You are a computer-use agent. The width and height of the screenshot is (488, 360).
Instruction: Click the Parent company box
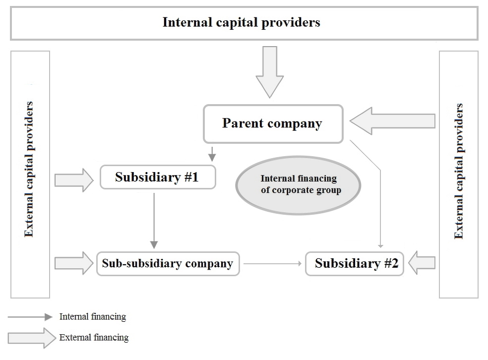point(273,123)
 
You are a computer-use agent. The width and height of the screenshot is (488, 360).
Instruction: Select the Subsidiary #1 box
point(158,177)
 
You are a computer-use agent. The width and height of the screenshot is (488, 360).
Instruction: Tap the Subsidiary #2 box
point(355,263)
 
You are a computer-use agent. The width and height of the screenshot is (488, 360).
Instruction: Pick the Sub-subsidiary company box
point(168,263)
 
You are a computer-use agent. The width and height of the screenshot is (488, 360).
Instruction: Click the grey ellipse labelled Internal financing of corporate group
point(298,184)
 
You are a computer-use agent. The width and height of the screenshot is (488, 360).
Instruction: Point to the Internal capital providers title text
point(242,23)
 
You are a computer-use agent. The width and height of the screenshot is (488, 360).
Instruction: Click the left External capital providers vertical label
point(29,169)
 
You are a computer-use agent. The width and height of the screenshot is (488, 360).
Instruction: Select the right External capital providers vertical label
point(459,171)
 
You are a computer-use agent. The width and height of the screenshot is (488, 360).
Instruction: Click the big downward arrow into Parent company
point(270,71)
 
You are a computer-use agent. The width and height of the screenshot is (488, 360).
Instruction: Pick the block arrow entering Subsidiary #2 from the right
point(422,263)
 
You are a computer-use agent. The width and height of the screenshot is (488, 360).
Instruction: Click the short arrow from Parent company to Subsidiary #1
point(212,153)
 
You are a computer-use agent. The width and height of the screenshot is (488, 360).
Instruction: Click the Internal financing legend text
point(92,316)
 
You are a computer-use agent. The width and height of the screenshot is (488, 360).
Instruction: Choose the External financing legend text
point(94,338)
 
